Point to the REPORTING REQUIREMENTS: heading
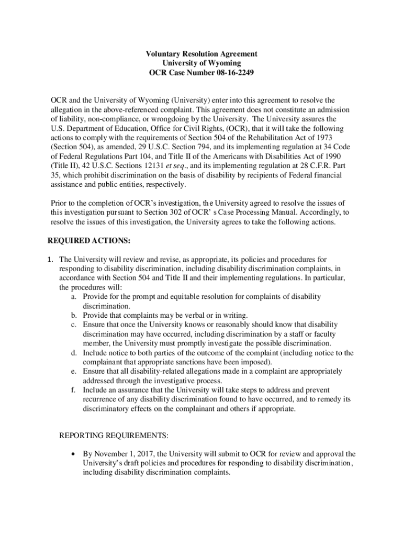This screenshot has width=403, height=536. pos(114,435)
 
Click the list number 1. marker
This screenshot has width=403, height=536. pos(51,260)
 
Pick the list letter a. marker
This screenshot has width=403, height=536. pos(75,297)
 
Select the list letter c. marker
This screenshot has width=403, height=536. pos(75,325)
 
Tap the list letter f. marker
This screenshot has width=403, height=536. pos(75,390)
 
